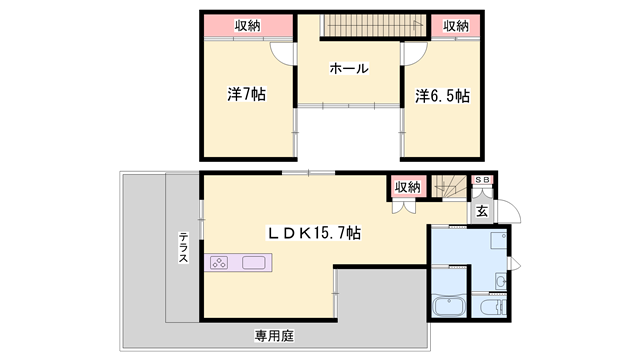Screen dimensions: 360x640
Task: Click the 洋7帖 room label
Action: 245,95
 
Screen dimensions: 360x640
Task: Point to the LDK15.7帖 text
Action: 313,232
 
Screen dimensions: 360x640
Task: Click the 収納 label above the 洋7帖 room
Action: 249,26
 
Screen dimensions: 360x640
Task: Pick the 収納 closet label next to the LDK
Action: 406,186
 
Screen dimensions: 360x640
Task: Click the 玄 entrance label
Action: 481,210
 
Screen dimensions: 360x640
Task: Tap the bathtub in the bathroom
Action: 447,307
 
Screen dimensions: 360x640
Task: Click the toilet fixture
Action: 492,307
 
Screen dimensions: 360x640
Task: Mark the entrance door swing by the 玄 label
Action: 509,213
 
